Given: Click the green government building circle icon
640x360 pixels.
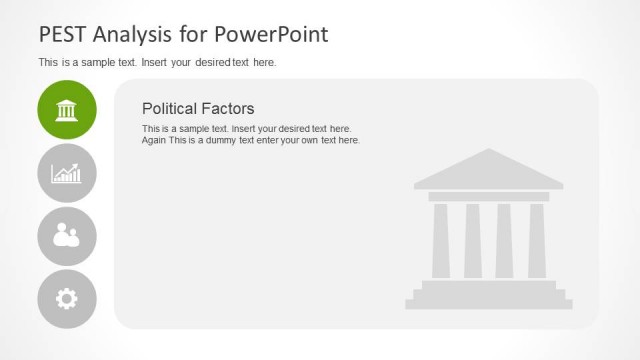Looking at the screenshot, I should tap(67, 109).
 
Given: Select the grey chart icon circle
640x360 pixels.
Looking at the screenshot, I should tap(67, 173).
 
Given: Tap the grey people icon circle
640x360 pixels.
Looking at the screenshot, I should tap(67, 236).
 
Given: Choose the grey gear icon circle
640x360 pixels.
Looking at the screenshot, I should tap(67, 298).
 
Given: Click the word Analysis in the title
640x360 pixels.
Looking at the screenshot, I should tap(135, 35).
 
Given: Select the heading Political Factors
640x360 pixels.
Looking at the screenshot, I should tap(198, 108).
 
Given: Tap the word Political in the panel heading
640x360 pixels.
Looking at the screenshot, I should tap(173, 108).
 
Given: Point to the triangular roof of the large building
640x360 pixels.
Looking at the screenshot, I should tap(488, 171).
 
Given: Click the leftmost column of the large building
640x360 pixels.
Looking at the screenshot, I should tap(440, 240).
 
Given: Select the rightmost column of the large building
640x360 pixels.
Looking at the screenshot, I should tap(537, 240).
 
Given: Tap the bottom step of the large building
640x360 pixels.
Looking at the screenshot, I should tap(489, 303).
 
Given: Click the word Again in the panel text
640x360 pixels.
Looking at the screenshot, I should tap(155, 140).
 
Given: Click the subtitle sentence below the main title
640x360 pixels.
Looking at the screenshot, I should tap(157, 62).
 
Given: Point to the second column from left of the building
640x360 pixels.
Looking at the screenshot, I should tap(472, 240).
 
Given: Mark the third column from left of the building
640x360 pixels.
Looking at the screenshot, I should tap(504, 240).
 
